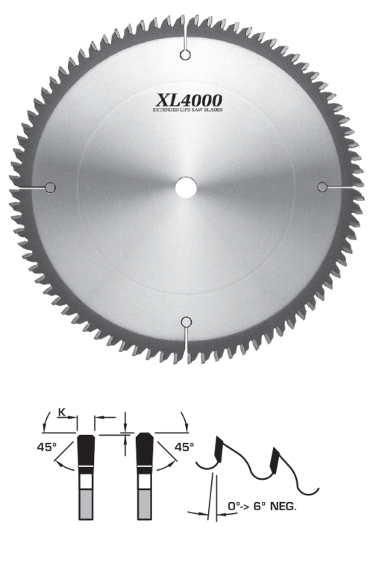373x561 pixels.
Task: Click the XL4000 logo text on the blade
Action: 189,99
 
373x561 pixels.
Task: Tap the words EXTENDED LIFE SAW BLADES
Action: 189,110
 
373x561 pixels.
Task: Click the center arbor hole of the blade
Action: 186,187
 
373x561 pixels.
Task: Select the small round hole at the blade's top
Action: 186,53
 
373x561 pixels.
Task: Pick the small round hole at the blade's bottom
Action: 186,322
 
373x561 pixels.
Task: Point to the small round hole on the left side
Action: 51,187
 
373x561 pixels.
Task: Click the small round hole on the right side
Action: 322,186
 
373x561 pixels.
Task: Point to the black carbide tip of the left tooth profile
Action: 87,450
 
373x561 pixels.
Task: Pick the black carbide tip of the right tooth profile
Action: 145,450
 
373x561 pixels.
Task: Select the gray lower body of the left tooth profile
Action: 87,507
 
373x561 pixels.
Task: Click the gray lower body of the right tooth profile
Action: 145,507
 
